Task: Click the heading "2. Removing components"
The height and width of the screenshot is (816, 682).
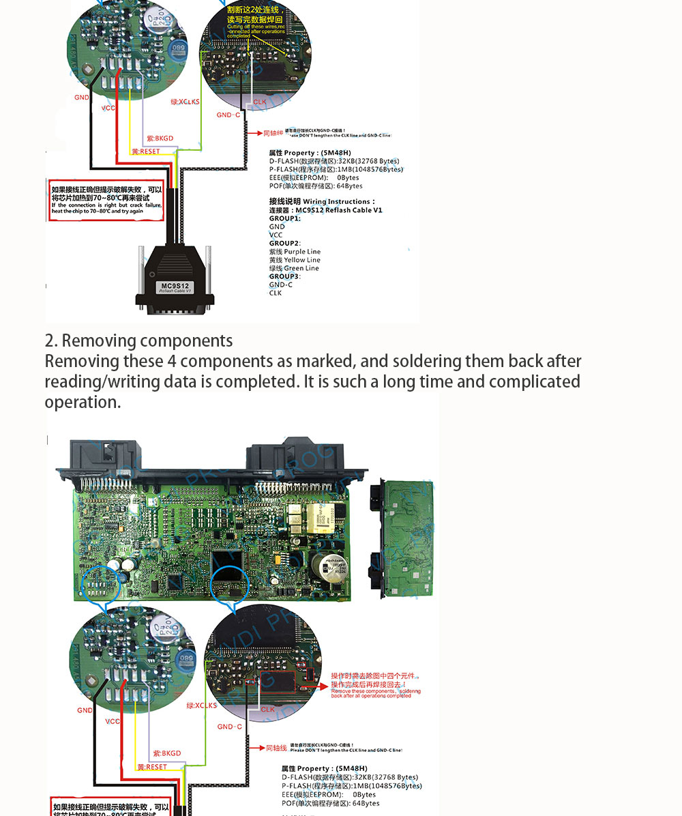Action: tap(138, 340)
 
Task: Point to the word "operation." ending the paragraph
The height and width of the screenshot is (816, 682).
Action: tap(83, 402)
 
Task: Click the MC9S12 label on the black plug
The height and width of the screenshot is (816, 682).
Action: tap(175, 287)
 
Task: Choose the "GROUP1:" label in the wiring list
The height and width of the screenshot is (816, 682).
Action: tap(284, 218)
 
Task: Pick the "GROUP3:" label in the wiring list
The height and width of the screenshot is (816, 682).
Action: tap(284, 276)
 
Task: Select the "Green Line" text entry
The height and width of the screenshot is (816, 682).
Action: tap(301, 268)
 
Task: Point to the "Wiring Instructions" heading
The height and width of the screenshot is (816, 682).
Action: tap(339, 202)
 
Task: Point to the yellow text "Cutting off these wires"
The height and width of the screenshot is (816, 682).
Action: tap(255, 27)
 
